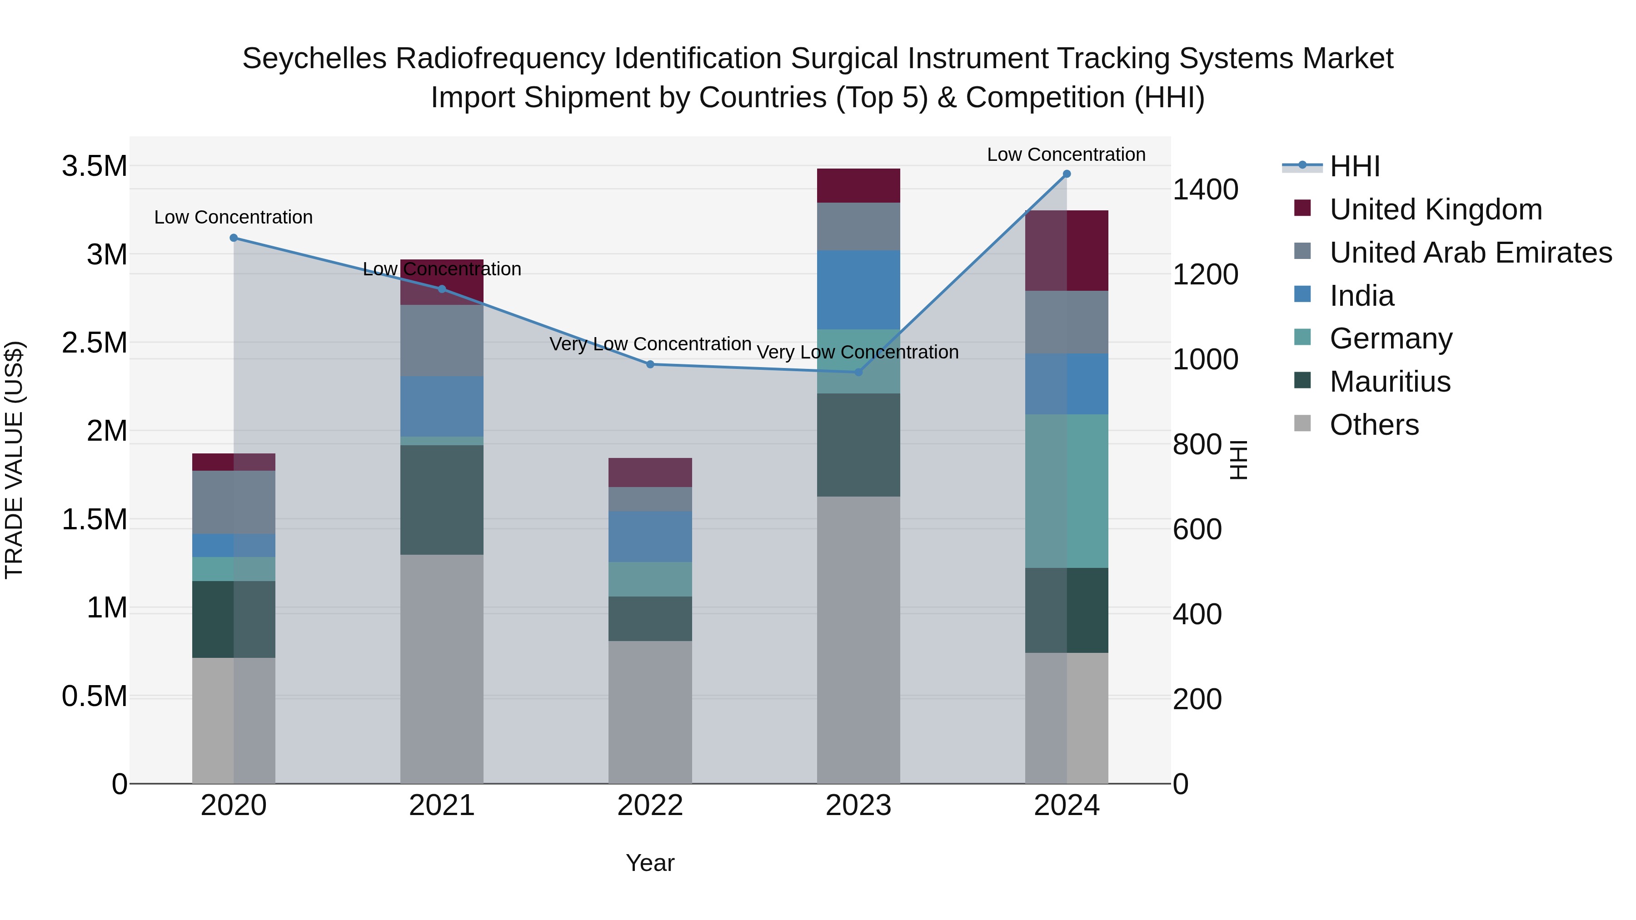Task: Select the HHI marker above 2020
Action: coord(234,238)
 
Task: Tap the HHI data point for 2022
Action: coord(650,364)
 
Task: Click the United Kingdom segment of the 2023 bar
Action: coord(858,185)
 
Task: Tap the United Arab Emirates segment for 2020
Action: coord(234,502)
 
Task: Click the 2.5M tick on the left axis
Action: coord(94,343)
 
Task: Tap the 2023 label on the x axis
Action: coord(858,806)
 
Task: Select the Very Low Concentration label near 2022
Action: coord(650,344)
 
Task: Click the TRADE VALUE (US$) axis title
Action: coord(14,460)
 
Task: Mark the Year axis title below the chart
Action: coord(650,863)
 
